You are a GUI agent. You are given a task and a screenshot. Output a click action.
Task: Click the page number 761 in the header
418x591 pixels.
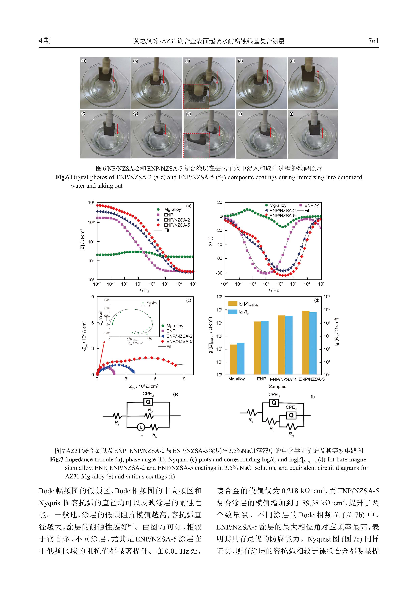373,41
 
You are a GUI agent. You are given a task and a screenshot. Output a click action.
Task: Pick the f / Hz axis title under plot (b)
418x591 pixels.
273,290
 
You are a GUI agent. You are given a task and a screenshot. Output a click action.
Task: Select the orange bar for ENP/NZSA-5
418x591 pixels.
305,343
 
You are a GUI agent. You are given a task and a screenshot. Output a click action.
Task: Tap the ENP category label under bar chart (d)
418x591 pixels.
261,379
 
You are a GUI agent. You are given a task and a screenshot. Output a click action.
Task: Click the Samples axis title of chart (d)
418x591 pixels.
277,386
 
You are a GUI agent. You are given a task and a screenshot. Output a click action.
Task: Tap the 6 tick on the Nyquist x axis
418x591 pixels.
155,379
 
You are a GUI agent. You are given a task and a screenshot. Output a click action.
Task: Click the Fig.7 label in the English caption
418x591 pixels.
57,459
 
